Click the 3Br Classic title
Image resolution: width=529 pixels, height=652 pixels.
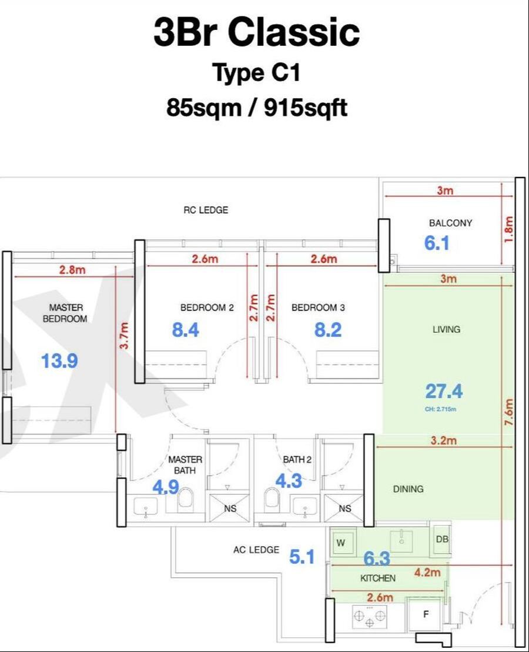pos(257,32)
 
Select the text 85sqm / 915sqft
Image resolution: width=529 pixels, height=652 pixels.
pos(257,108)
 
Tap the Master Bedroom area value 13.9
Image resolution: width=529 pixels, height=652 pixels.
pos(59,360)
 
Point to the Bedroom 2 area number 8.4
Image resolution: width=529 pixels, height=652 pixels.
pos(186,330)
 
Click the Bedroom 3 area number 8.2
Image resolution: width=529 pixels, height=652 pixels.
pos(328,330)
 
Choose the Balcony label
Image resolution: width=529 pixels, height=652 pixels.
pos(450,223)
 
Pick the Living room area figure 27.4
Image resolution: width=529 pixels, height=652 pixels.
pos(444,392)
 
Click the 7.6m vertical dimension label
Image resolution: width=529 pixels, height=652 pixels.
pos(509,412)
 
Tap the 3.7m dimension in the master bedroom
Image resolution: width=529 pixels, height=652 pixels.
pos(124,336)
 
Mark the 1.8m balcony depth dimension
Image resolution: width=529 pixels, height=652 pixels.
pos(508,229)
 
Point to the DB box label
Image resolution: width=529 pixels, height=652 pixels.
pos(442,539)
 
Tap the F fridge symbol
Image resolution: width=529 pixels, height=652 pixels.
pos(426,614)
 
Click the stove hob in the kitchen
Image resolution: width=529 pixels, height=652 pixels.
pos(369,616)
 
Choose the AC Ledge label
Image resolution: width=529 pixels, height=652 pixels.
pos(256,550)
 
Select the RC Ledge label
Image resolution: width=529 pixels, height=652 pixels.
pos(206,210)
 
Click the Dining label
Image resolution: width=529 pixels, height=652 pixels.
pos(409,489)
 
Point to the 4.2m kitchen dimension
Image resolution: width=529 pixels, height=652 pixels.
pos(427,573)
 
